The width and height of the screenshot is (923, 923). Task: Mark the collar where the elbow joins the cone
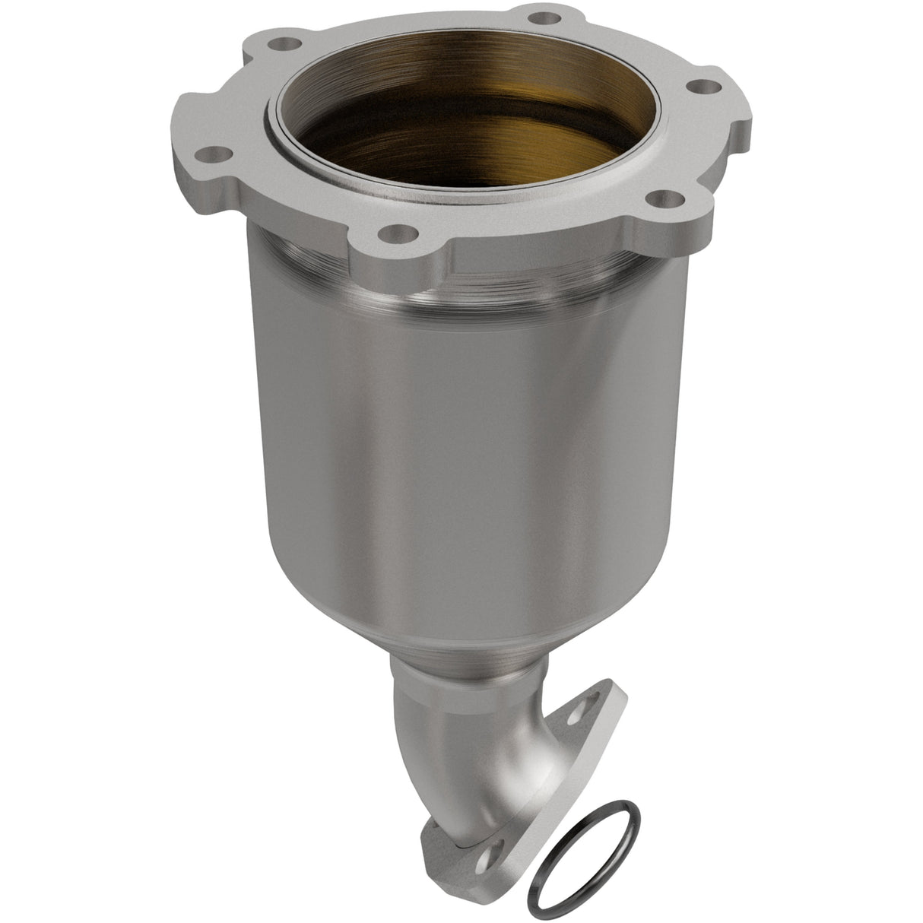tap(464, 677)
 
